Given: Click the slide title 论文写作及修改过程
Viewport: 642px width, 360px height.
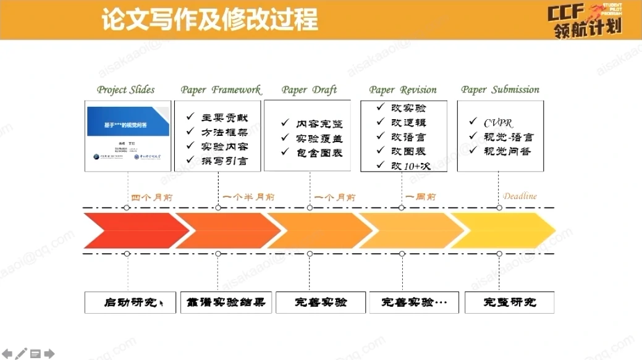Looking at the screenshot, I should [x=209, y=20].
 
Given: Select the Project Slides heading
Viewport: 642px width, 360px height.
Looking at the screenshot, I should [x=125, y=90].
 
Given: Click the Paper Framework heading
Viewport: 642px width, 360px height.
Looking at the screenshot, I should [x=221, y=90].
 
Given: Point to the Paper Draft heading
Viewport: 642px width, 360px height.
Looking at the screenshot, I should [x=309, y=90].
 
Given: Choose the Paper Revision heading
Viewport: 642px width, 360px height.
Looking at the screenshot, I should [x=403, y=90].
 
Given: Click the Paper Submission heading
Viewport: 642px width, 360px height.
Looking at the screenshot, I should [x=500, y=90].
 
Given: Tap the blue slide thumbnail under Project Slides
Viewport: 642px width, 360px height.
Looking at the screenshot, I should [x=128, y=122].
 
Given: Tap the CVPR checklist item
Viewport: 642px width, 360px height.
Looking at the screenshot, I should [x=498, y=122].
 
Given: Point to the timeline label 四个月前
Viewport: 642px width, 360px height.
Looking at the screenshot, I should [x=151, y=198].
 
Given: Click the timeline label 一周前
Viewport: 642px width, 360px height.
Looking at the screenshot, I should [x=420, y=198].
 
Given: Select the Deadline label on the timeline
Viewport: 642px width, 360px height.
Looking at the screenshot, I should [x=520, y=196].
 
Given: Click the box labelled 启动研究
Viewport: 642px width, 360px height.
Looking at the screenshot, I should [x=130, y=303].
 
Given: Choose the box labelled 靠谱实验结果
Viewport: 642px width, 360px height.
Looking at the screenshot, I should [x=226, y=303].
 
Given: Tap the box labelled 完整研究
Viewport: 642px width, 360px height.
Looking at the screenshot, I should [x=509, y=303].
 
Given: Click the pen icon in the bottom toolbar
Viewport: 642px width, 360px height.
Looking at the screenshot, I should [x=22, y=354].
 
